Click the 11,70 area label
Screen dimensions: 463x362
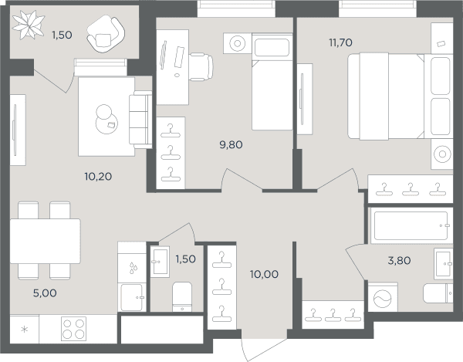click(341, 42)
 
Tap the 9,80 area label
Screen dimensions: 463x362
click(231, 144)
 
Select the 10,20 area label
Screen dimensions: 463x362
click(98, 177)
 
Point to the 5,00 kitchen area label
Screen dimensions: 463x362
click(45, 293)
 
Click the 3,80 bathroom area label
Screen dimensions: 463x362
click(399, 261)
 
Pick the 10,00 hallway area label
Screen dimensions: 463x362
click(264, 274)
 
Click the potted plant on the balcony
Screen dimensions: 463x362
click(29, 25)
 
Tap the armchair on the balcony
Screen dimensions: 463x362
click(106, 34)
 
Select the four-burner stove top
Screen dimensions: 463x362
click(73, 329)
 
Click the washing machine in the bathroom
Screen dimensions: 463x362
click(383, 297)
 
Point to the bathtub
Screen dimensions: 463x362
click(411, 225)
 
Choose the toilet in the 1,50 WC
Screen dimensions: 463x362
click(182, 296)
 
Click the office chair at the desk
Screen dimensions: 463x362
click(201, 67)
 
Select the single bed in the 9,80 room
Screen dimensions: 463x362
click(272, 82)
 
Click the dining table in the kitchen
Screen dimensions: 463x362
click(46, 241)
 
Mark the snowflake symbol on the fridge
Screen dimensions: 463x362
click(25, 330)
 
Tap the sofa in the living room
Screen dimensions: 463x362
click(140, 120)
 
